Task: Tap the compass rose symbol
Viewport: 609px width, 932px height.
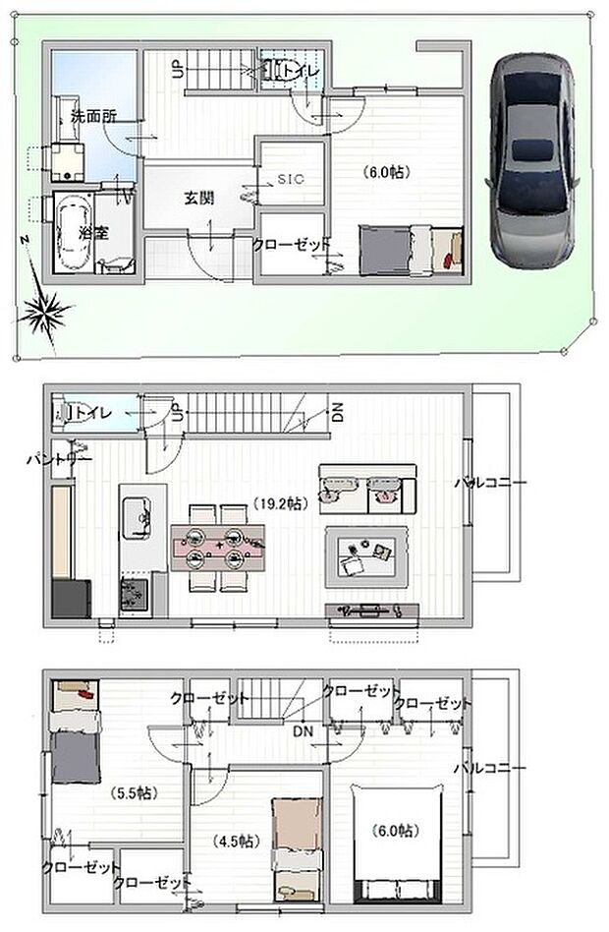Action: (x=45, y=313)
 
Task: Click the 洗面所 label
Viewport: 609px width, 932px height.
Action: (x=93, y=116)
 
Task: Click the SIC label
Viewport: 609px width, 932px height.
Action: (x=291, y=179)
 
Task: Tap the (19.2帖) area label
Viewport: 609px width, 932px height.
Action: (x=280, y=502)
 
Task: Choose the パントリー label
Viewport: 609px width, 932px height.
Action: (x=59, y=459)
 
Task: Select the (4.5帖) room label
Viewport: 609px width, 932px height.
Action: (x=234, y=841)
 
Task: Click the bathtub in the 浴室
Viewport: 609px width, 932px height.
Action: (x=70, y=236)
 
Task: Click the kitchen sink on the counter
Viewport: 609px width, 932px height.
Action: (x=137, y=512)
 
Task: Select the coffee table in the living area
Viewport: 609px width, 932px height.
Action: (x=366, y=557)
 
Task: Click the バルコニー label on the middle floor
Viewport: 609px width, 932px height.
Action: (x=490, y=482)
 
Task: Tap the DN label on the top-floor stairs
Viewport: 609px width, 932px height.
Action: (x=302, y=732)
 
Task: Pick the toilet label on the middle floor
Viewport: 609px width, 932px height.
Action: (x=92, y=413)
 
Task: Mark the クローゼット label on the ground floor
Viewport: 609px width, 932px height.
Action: (x=292, y=245)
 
